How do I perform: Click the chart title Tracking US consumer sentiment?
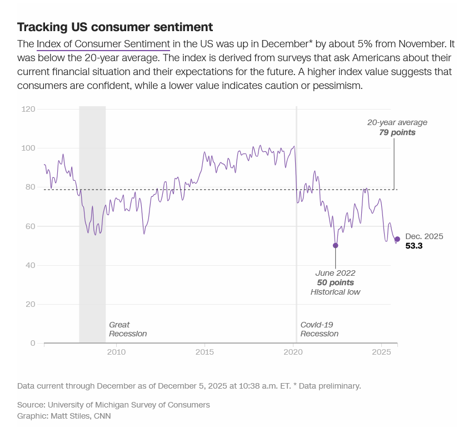(115, 27)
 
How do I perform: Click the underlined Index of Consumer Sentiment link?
(103, 44)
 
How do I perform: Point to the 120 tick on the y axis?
(29, 110)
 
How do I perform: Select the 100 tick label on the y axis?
(29, 148)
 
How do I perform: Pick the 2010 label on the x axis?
(116, 352)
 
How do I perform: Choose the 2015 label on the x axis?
(205, 352)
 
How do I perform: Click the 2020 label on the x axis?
(293, 352)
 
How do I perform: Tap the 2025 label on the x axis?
(382, 352)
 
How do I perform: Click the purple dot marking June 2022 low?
(335, 245)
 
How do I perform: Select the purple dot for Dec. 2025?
(397, 239)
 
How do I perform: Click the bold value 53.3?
(414, 246)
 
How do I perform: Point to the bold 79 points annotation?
(397, 133)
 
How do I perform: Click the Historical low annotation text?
(335, 292)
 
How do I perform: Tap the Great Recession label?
(128, 329)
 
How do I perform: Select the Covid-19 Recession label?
(319, 329)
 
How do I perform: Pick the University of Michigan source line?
(113, 405)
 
